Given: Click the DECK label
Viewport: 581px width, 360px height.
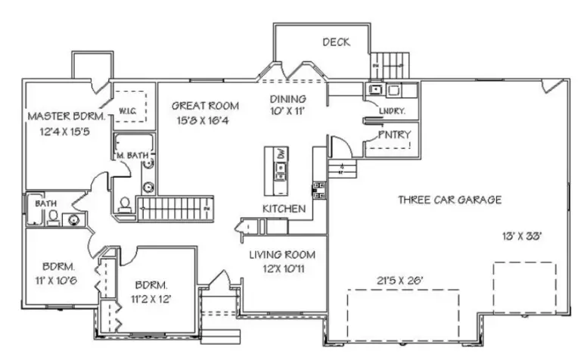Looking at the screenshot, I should [x=336, y=42].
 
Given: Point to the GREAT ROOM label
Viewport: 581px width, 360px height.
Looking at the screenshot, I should [x=205, y=106].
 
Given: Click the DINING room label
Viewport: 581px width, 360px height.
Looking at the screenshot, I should [x=288, y=99].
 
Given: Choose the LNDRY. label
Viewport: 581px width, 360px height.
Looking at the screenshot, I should [x=393, y=111].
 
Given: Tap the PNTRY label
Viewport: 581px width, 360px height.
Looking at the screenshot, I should [x=394, y=135].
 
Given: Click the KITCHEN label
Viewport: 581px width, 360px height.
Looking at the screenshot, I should [x=284, y=208].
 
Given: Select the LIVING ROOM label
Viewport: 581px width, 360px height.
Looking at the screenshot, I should [x=282, y=255].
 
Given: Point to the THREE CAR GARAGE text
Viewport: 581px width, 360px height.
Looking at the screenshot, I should [x=450, y=200].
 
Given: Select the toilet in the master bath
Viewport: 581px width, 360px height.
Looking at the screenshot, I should [x=125, y=204].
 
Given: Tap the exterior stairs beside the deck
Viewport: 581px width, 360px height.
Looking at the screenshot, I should [x=391, y=64].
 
